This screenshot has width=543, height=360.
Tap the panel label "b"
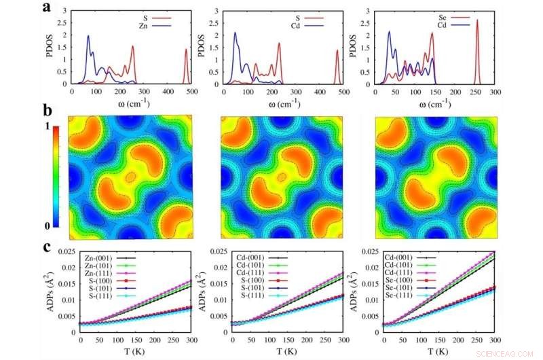pyautogui.click(x=47, y=109)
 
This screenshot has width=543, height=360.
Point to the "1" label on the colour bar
pyautogui.click(x=46, y=126)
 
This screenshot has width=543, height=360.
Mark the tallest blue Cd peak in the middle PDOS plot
pyautogui.click(x=236, y=33)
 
